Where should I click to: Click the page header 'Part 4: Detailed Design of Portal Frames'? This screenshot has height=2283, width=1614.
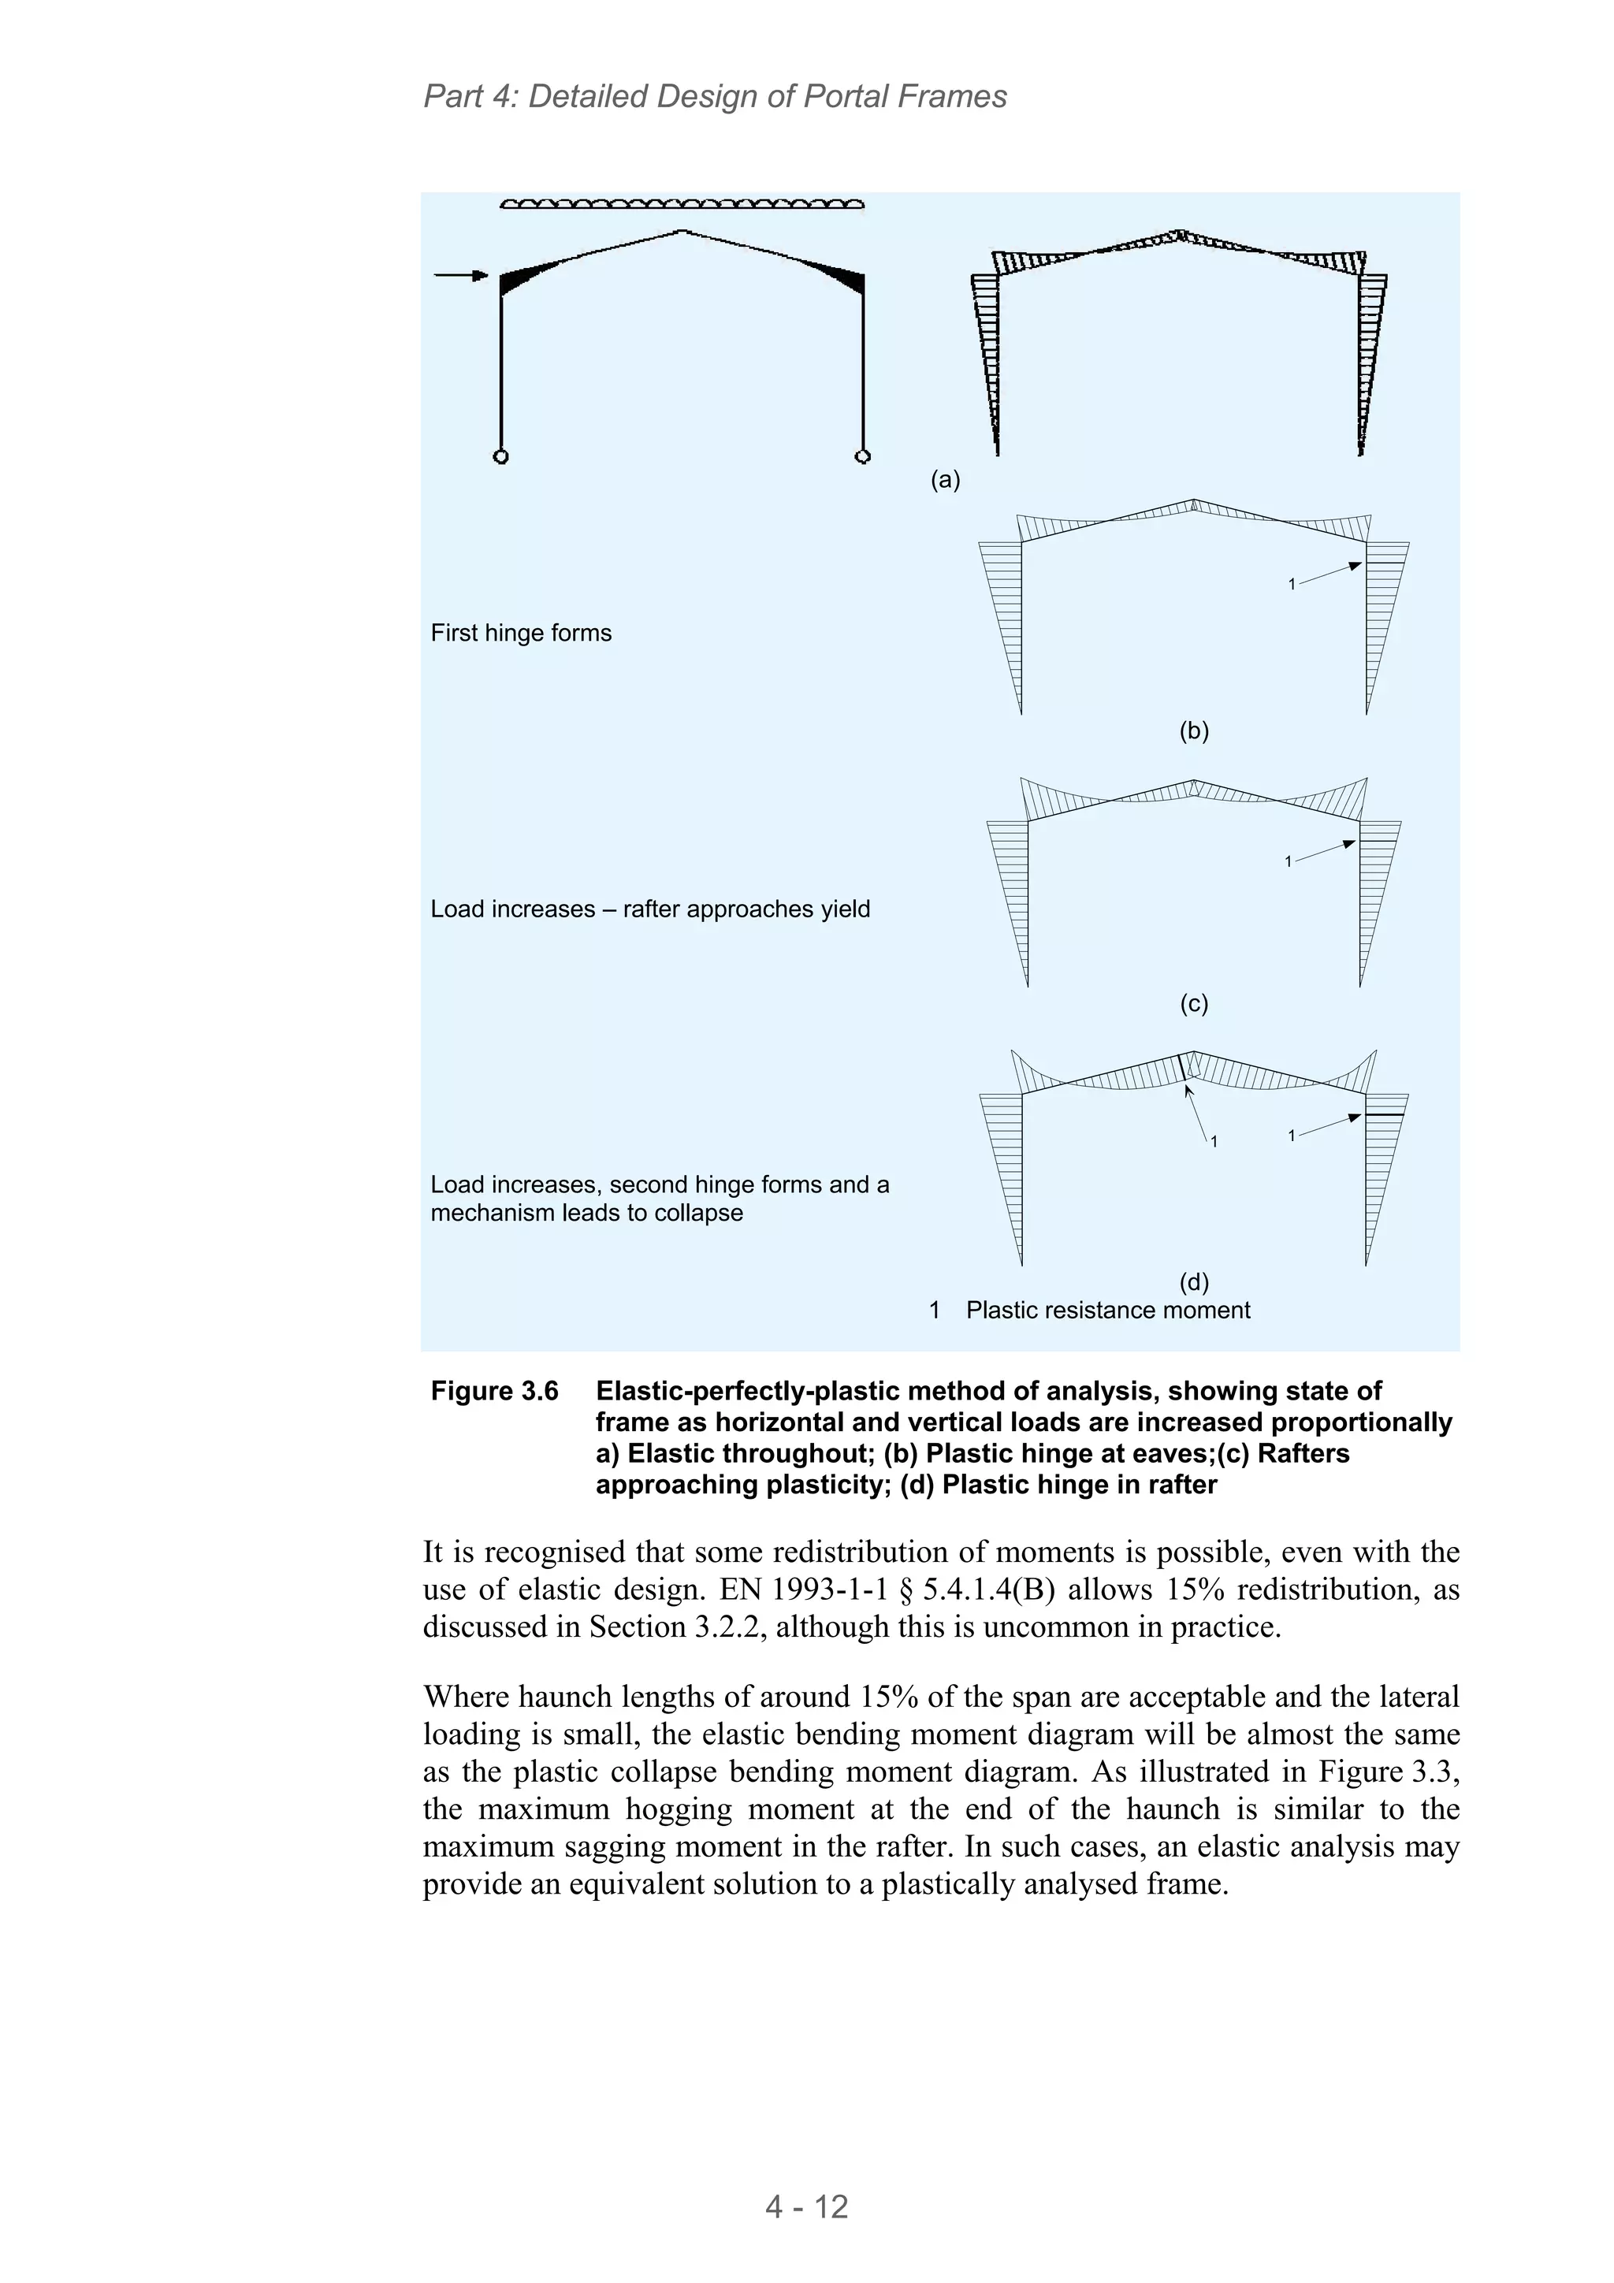(714, 96)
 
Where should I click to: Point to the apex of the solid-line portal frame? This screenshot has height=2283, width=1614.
(681, 232)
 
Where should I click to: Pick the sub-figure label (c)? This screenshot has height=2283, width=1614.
(1193, 1003)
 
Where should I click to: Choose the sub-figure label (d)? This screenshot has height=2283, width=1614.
(1193, 1281)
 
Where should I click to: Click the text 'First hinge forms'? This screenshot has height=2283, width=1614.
(521, 634)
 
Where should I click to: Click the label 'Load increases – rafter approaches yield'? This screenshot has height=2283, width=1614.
(649, 909)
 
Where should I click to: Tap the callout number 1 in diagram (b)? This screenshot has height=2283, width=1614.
(1292, 585)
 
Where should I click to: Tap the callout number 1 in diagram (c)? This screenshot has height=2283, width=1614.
(1288, 861)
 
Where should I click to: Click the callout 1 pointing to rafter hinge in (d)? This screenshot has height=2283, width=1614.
(1214, 1141)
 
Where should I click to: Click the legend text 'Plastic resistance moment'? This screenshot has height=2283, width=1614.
(1108, 1311)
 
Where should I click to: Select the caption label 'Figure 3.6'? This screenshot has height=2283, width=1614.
(494, 1391)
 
